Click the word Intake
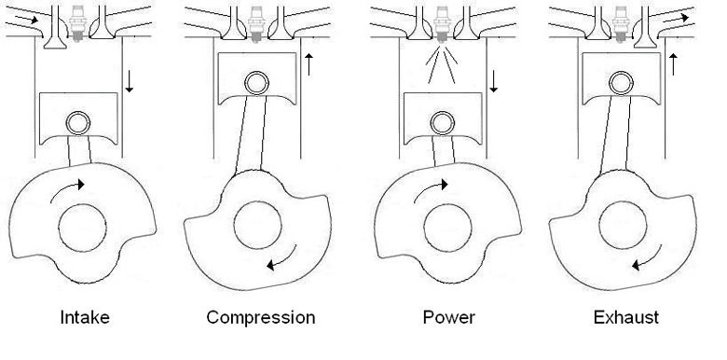84,317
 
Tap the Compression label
261,317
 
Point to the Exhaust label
625,317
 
